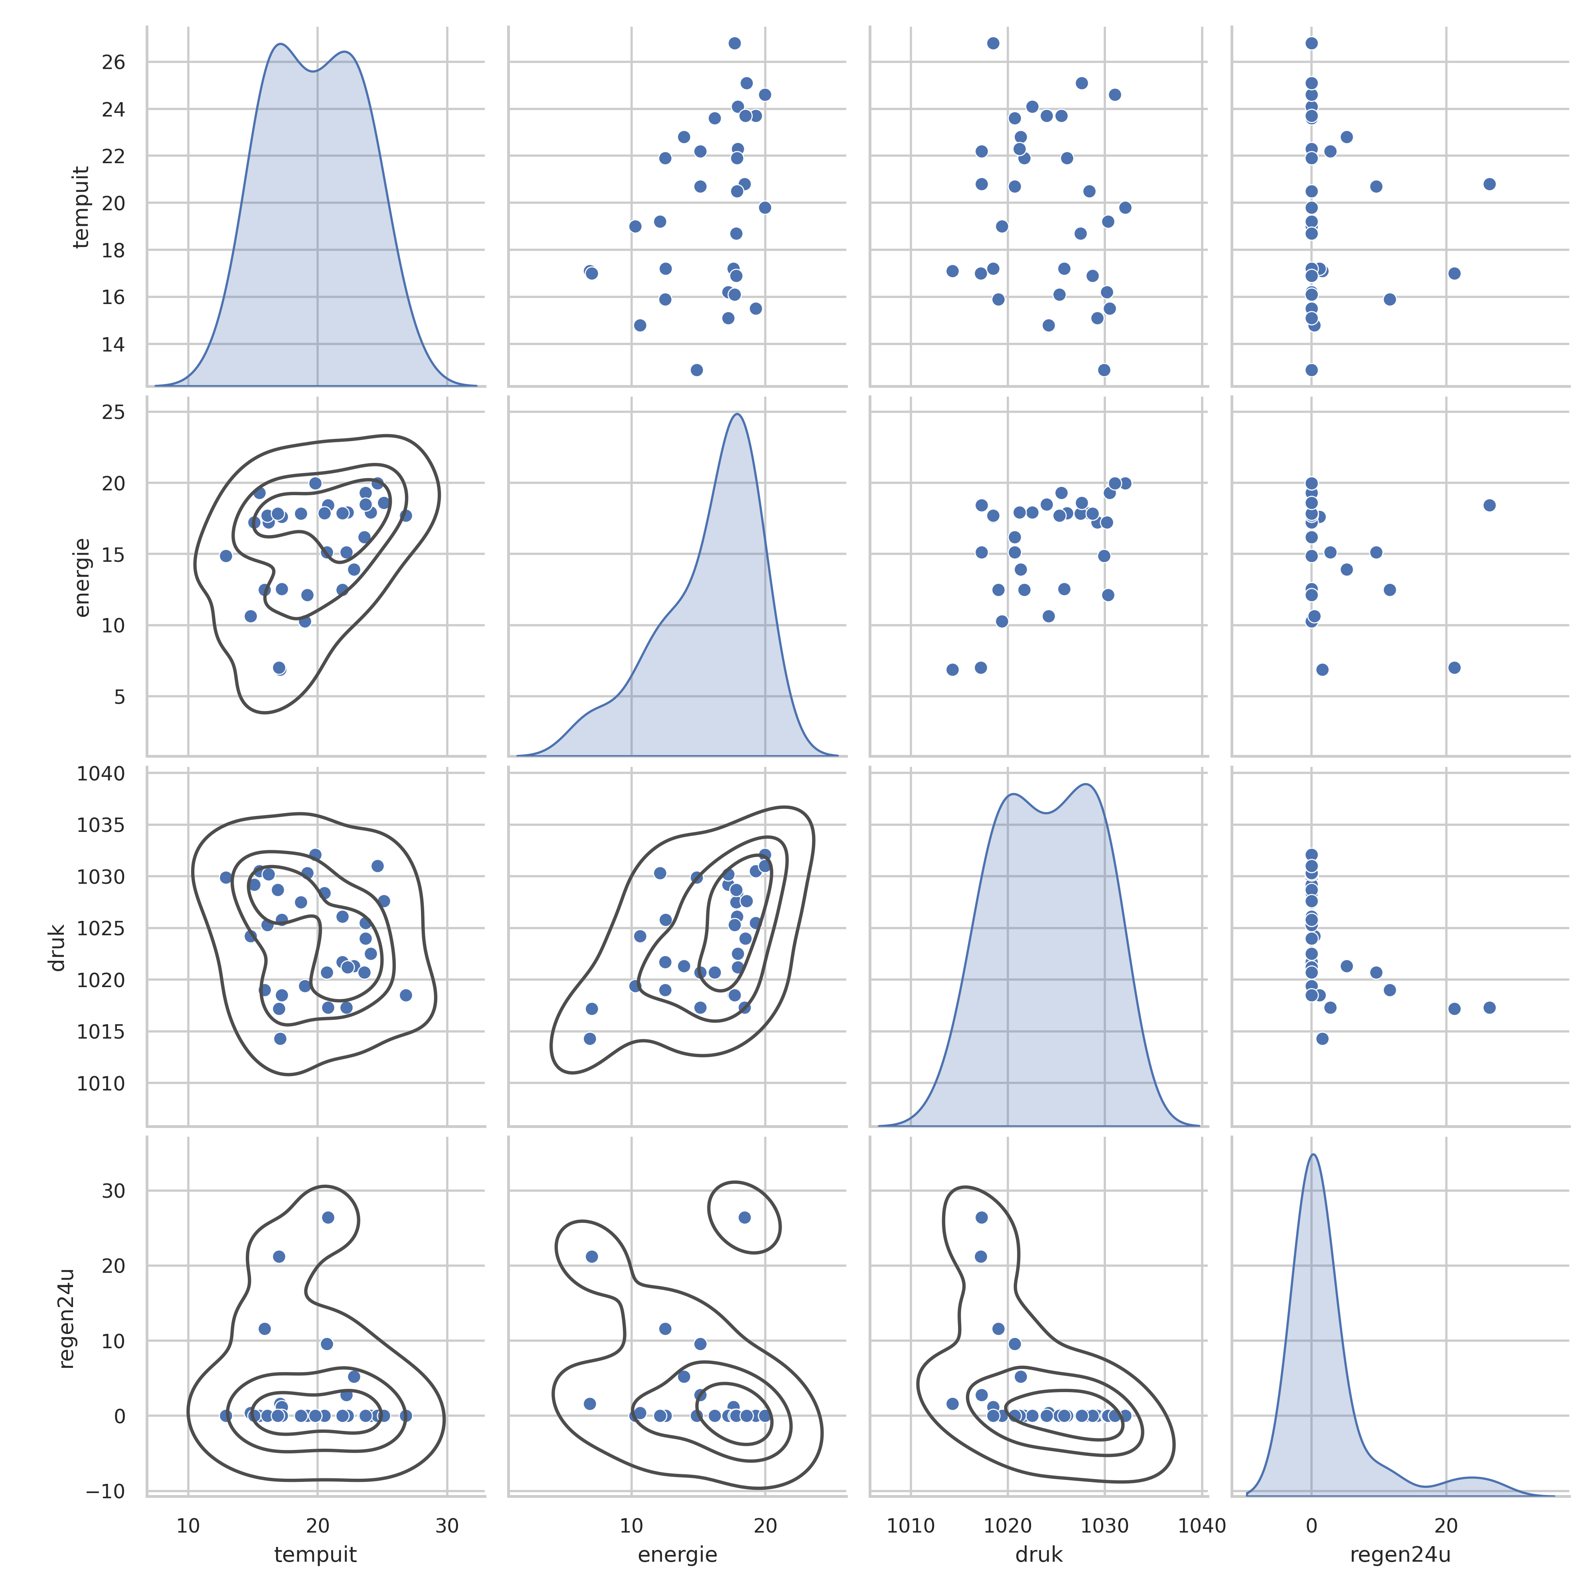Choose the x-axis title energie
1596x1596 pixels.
tap(678, 1555)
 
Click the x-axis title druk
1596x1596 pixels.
tap(1038, 1555)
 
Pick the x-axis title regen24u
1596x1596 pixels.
tap(1400, 1555)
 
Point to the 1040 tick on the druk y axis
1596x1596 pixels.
tap(101, 774)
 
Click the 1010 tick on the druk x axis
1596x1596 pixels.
tap(911, 1525)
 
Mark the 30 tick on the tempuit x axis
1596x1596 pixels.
tap(447, 1525)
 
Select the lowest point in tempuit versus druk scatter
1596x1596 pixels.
tap(1104, 370)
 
